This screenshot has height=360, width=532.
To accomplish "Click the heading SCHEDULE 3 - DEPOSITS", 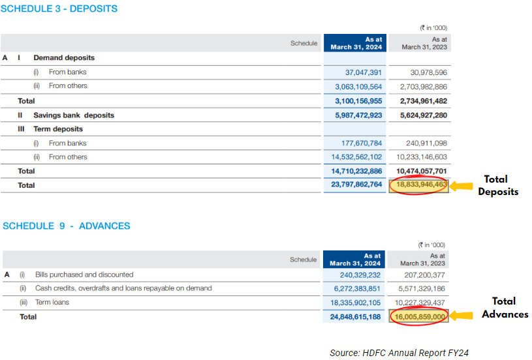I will pos(60,9).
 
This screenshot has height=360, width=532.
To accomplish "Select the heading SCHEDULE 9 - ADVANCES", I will pos(67,226).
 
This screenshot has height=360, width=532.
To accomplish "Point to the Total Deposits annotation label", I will pos(498,185).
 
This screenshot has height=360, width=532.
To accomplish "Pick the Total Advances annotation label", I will pos(505,308).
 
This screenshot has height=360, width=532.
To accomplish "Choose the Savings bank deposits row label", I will pos(74,115).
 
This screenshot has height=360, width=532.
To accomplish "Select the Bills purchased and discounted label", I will pos(84,275).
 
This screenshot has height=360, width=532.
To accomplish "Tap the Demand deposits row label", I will pos(64,58).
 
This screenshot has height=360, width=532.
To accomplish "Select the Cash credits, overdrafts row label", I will pos(123,288).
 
